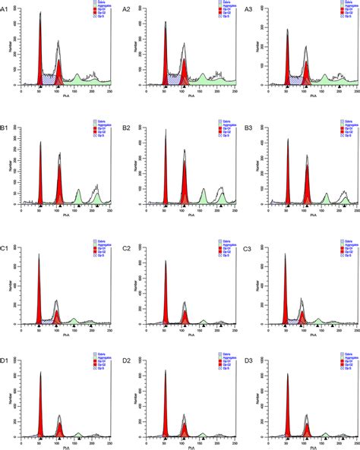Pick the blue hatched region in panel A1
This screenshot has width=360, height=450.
[x=50, y=78]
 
